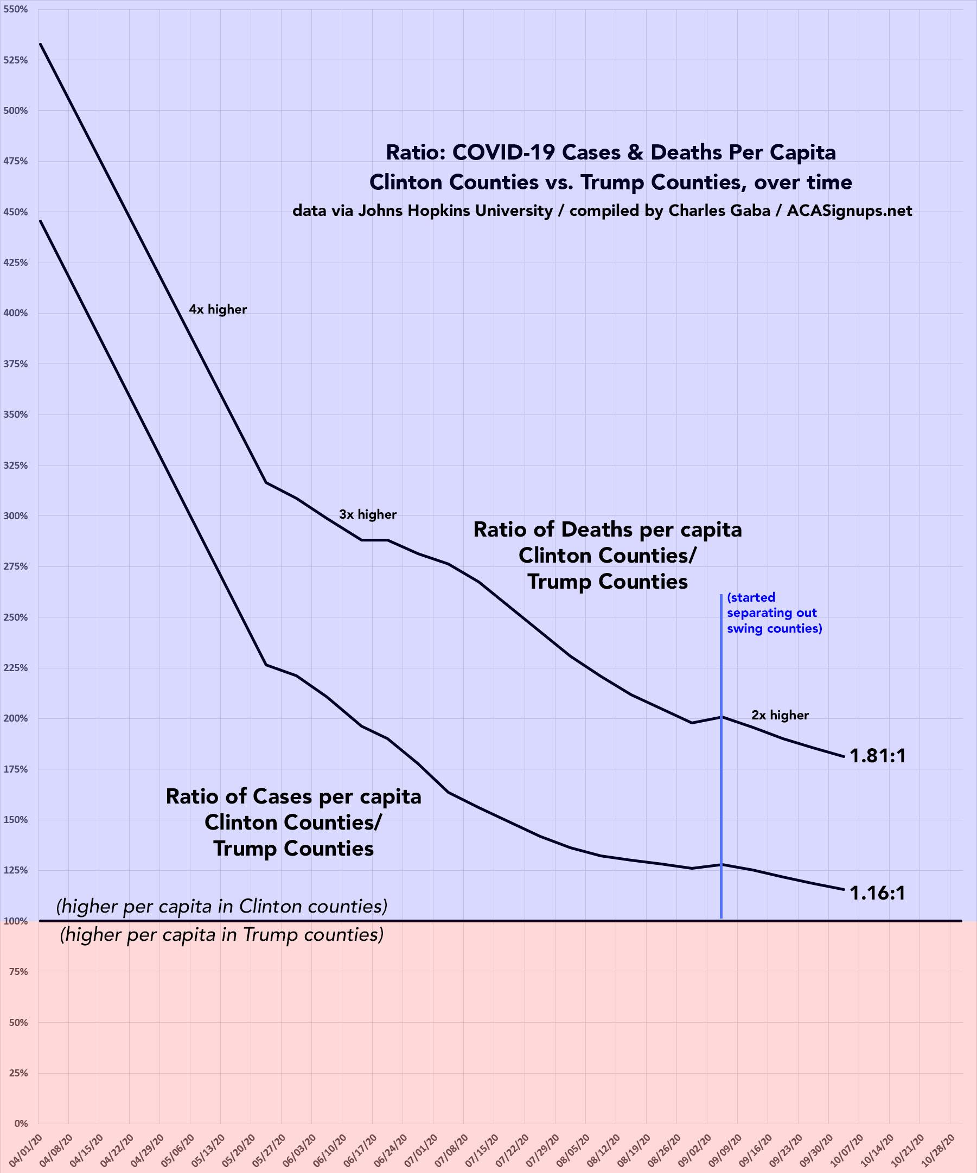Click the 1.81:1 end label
coord(877,756)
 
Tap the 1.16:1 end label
coord(877,892)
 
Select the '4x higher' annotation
coord(218,309)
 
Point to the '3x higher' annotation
coord(368,514)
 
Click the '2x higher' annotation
coord(780,715)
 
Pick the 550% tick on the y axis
coord(16,10)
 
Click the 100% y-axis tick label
coord(16,921)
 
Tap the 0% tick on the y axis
coord(20,1123)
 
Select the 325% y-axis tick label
coord(16,466)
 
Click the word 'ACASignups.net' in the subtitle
coord(849,211)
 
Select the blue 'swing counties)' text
coord(774,628)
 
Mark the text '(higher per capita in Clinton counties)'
coord(222,907)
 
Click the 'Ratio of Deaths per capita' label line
coord(607,530)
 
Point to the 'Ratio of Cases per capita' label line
coord(293,796)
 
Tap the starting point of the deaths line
coord(40,43)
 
